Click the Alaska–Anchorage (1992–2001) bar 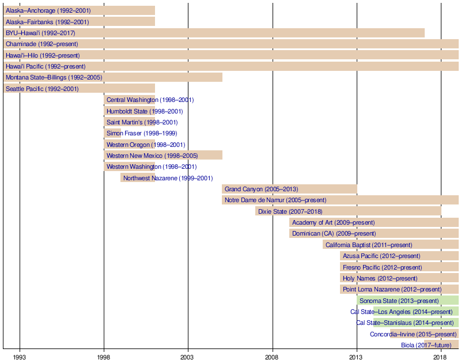coord(79,10)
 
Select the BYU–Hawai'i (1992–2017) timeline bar coord(213,33)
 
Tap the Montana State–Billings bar coord(112,77)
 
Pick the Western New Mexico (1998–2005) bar coord(163,156)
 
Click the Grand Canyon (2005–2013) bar coord(289,189)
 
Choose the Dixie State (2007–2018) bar coord(348,211)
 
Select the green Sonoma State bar coord(408,301)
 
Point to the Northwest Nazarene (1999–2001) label coord(168,178)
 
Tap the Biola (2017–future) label coord(426,345)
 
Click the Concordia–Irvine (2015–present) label coord(413,334)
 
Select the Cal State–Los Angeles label coord(402,312)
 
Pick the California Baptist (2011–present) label coord(369,245)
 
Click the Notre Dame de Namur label coord(275,200)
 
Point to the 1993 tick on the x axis coord(20,357)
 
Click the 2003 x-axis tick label coord(188,357)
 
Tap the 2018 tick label coord(441,357)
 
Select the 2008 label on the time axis coord(273,357)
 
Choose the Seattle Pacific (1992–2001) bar coord(79,89)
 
